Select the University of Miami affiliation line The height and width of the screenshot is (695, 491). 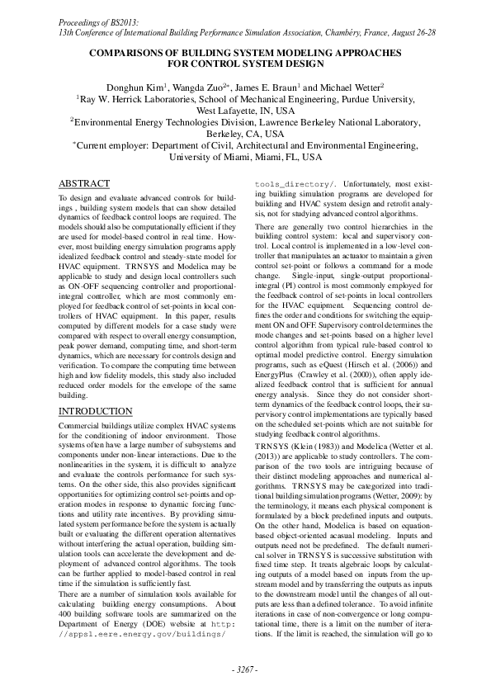point(245,156)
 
